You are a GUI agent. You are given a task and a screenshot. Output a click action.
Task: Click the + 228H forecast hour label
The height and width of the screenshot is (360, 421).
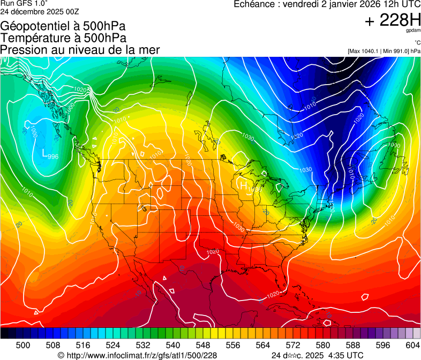[392, 21]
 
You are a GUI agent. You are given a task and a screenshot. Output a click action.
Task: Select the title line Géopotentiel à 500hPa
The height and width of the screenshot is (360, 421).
[63, 26]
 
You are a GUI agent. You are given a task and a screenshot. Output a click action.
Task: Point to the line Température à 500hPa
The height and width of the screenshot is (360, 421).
[63, 38]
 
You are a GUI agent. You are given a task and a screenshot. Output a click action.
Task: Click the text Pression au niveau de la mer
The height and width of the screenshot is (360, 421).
[80, 50]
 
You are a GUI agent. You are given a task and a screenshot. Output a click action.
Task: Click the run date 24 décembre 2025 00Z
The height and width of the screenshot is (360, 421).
[40, 11]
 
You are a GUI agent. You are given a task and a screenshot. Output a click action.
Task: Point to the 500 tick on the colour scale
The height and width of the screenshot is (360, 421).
[23, 344]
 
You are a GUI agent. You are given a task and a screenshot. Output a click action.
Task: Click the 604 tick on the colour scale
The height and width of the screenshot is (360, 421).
[412, 344]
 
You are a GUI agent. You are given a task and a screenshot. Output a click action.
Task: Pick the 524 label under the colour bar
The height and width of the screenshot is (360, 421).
[113, 344]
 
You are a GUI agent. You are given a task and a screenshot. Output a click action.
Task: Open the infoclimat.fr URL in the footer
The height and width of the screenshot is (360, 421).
[137, 355]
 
